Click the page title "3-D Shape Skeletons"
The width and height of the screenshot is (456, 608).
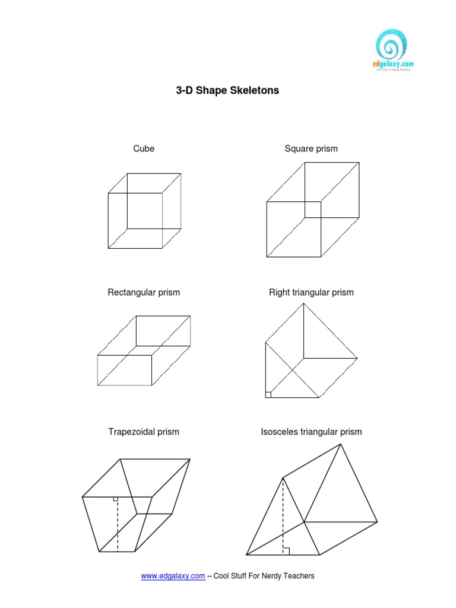(228, 91)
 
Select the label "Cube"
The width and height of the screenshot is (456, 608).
(144, 148)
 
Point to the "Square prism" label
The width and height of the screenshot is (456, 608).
(311, 148)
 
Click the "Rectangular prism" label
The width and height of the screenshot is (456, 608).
(144, 292)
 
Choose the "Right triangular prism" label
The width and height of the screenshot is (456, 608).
(311, 292)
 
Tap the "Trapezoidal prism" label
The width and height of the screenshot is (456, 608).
(144, 432)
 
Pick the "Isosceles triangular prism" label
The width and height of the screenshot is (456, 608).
(311, 432)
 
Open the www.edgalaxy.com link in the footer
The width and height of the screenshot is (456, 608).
(173, 575)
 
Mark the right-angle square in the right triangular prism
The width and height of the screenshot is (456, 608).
(268, 394)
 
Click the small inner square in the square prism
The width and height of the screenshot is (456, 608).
(313, 210)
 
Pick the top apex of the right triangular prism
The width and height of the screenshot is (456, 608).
(305, 303)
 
